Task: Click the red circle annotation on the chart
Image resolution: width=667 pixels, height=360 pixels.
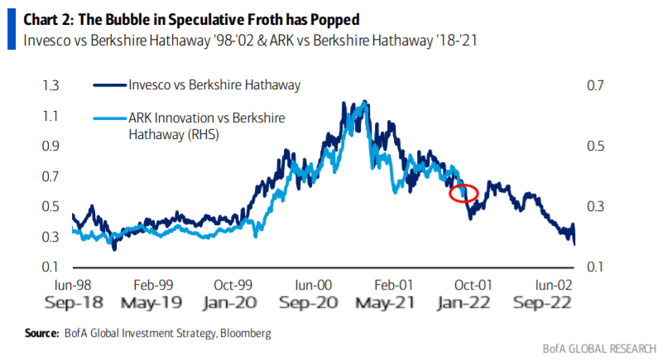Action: point(463,193)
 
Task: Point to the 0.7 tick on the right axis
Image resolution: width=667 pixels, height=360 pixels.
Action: point(597,85)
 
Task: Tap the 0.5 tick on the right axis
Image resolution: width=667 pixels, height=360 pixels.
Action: point(597,146)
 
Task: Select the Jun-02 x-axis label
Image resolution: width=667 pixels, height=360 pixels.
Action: point(553,282)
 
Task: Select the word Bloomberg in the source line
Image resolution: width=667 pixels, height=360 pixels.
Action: point(242,334)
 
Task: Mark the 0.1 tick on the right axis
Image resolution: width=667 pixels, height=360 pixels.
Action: point(597,266)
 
